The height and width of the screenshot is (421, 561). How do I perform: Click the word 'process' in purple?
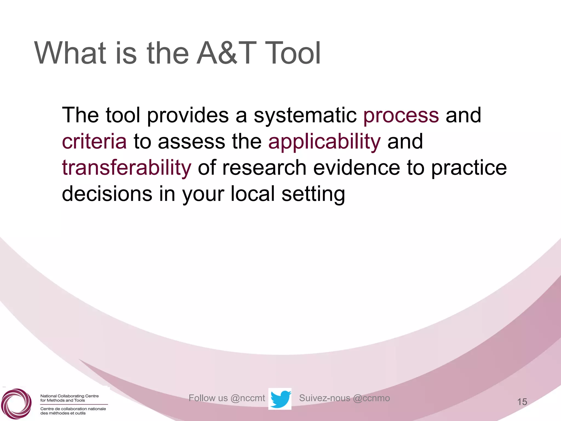tap(401, 116)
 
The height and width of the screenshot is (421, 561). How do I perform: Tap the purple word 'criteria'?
tap(94, 141)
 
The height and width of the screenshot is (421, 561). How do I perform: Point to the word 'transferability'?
tap(127, 168)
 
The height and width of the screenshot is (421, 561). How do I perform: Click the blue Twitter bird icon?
tap(280, 399)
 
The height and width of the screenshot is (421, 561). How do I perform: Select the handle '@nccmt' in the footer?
tap(248, 398)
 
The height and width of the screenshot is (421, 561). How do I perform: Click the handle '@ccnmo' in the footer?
tap(371, 398)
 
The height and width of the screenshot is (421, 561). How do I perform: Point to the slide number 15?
tap(522, 402)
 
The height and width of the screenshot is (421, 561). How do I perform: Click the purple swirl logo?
tap(16, 403)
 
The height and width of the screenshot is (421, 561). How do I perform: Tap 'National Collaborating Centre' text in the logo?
tap(69, 396)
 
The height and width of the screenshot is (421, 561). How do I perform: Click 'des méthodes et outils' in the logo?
tap(63, 413)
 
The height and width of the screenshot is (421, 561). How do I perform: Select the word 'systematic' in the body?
tap(305, 116)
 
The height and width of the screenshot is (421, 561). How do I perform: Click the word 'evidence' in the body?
tap(356, 168)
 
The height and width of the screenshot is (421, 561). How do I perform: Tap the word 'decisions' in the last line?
tap(107, 194)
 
